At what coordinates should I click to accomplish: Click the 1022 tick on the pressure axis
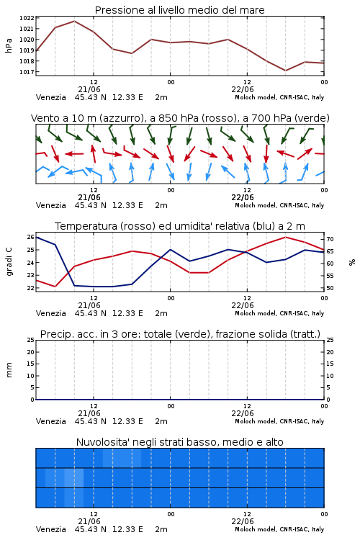[x=27, y=18]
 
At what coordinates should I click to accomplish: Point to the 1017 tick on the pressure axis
[x=27, y=72]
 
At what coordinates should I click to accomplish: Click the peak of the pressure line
[x=74, y=22]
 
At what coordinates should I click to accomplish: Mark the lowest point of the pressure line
[x=285, y=71]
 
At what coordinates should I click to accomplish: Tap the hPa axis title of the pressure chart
[x=9, y=45]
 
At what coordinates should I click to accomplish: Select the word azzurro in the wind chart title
[x=121, y=119]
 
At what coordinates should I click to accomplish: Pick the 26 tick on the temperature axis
[x=31, y=237]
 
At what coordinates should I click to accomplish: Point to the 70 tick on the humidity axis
[x=330, y=239]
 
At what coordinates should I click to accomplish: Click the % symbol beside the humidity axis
[x=352, y=262]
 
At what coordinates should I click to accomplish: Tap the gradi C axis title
[x=9, y=262]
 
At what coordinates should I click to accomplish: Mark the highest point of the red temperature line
[x=285, y=237]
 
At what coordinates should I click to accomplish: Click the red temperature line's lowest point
[x=55, y=287]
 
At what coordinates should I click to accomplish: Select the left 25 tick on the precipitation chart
[x=31, y=340]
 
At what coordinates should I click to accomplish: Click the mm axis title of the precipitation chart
[x=9, y=370]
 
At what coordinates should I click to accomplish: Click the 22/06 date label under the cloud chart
[x=243, y=521]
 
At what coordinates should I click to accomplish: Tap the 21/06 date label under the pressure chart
[x=89, y=89]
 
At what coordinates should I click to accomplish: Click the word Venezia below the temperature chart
[x=51, y=313]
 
